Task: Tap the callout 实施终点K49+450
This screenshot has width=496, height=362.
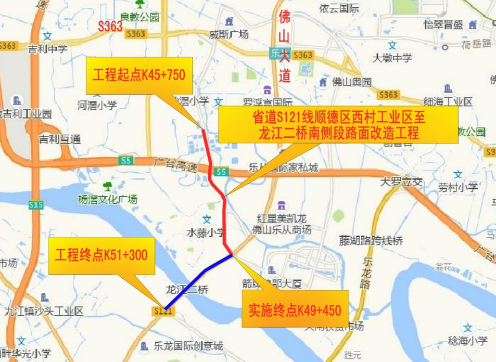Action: click(x=295, y=311)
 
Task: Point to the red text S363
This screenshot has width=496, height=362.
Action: click(x=110, y=27)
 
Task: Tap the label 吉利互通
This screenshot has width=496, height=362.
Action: click(x=60, y=139)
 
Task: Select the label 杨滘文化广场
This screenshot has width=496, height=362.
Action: click(x=107, y=199)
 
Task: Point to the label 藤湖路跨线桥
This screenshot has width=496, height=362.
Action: click(x=370, y=240)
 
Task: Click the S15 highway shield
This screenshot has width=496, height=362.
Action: click(x=35, y=205)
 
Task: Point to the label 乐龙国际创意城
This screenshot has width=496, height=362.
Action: click(x=188, y=346)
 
